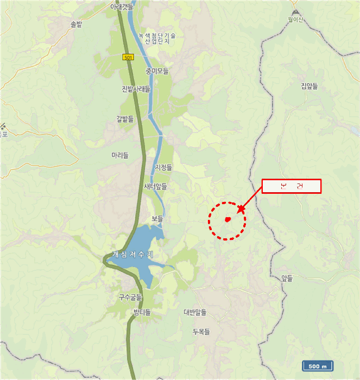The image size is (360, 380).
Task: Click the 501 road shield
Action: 128,56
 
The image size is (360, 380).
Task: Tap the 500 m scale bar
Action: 318,366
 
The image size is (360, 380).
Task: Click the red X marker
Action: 241,208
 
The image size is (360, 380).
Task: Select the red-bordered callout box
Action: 292,186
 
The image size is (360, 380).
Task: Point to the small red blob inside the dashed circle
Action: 228,219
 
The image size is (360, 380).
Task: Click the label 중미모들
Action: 157,71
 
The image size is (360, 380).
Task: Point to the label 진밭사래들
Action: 136,90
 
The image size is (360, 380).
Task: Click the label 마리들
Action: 120,155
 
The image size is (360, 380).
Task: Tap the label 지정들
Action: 163,168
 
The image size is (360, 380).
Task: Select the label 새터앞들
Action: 156,186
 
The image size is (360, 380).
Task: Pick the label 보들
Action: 157,218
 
